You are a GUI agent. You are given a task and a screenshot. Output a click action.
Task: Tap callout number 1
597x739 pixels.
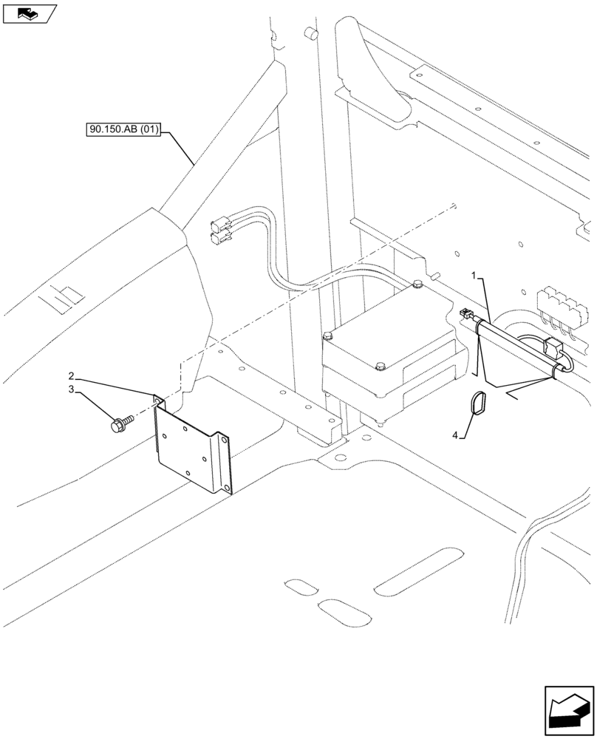[477, 276]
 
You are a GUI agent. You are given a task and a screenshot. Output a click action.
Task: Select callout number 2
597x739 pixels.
[72, 376]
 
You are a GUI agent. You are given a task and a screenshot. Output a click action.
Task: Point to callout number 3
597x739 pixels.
[72, 389]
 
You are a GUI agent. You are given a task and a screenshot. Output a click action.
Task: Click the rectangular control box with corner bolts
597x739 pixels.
[392, 347]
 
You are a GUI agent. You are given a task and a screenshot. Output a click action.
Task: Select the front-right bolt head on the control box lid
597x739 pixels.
[381, 366]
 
